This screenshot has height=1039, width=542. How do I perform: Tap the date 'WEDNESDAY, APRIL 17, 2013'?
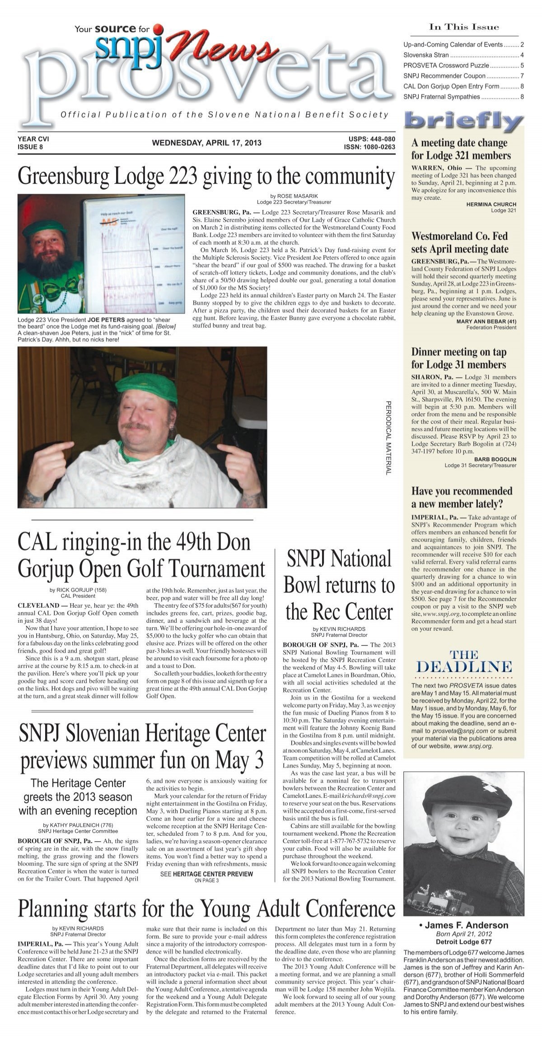point(206,143)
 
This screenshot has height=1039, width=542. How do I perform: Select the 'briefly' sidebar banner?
point(464,121)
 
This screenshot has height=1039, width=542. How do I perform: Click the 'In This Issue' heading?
point(464,28)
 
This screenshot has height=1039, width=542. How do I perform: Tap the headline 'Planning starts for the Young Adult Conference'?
point(206,908)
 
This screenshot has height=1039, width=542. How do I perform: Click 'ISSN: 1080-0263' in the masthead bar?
point(369,147)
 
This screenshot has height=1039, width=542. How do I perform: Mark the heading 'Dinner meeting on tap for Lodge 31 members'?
point(458,358)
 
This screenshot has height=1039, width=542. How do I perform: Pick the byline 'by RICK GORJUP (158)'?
point(78,590)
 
